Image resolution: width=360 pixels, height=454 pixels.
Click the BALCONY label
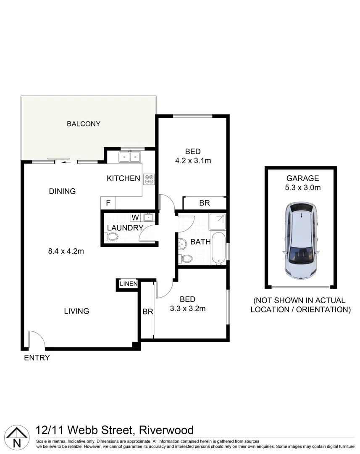click(x=84, y=124)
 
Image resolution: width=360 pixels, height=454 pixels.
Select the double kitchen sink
click(x=129, y=157)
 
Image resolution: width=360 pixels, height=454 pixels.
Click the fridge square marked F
click(x=108, y=203)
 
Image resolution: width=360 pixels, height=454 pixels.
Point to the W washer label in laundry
click(x=135, y=217)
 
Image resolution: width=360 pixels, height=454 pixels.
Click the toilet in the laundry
click(x=111, y=238)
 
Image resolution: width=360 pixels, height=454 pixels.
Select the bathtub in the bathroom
click(x=218, y=250)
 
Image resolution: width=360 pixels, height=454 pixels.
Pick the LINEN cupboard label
click(x=128, y=284)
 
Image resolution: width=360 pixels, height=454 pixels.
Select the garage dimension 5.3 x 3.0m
click(x=300, y=187)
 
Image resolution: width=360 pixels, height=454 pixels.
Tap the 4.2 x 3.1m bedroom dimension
click(x=192, y=161)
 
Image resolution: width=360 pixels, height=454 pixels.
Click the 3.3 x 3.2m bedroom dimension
click(x=187, y=308)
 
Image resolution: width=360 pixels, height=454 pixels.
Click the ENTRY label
click(x=37, y=358)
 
